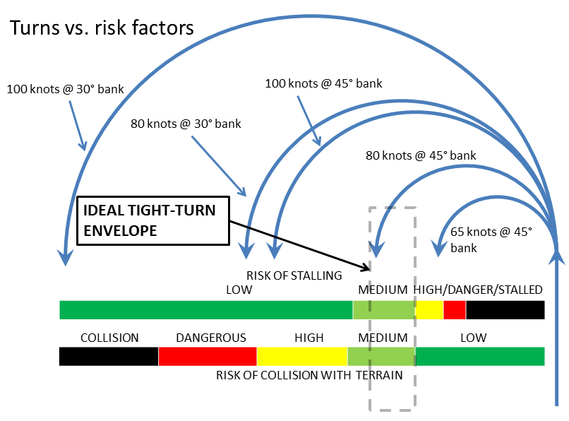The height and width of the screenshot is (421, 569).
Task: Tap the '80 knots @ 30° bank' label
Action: pyautogui.click(x=186, y=124)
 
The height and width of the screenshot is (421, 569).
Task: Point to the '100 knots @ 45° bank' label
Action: pyautogui.click(x=323, y=83)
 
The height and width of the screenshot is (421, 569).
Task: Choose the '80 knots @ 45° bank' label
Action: pyautogui.click(x=421, y=155)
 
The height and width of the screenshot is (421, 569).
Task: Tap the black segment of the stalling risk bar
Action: pyautogui.click(x=505, y=309)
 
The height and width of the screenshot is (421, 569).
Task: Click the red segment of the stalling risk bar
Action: pyautogui.click(x=455, y=309)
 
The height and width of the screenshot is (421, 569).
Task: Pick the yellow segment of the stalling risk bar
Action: pyautogui.click(x=429, y=309)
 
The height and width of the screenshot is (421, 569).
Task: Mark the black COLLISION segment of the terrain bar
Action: pyautogui.click(x=109, y=356)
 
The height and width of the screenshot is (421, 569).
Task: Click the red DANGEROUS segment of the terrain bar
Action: pyautogui.click(x=208, y=356)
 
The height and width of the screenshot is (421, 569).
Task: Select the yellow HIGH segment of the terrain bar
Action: pyautogui.click(x=302, y=356)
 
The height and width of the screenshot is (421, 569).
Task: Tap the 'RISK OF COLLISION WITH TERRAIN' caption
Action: pyautogui.click(x=309, y=375)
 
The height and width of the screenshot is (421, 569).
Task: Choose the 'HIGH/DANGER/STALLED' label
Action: pyautogui.click(x=478, y=290)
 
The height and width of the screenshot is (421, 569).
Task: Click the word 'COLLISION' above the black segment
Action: pyautogui.click(x=109, y=338)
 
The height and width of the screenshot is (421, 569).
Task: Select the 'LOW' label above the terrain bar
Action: pyautogui.click(x=473, y=338)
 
